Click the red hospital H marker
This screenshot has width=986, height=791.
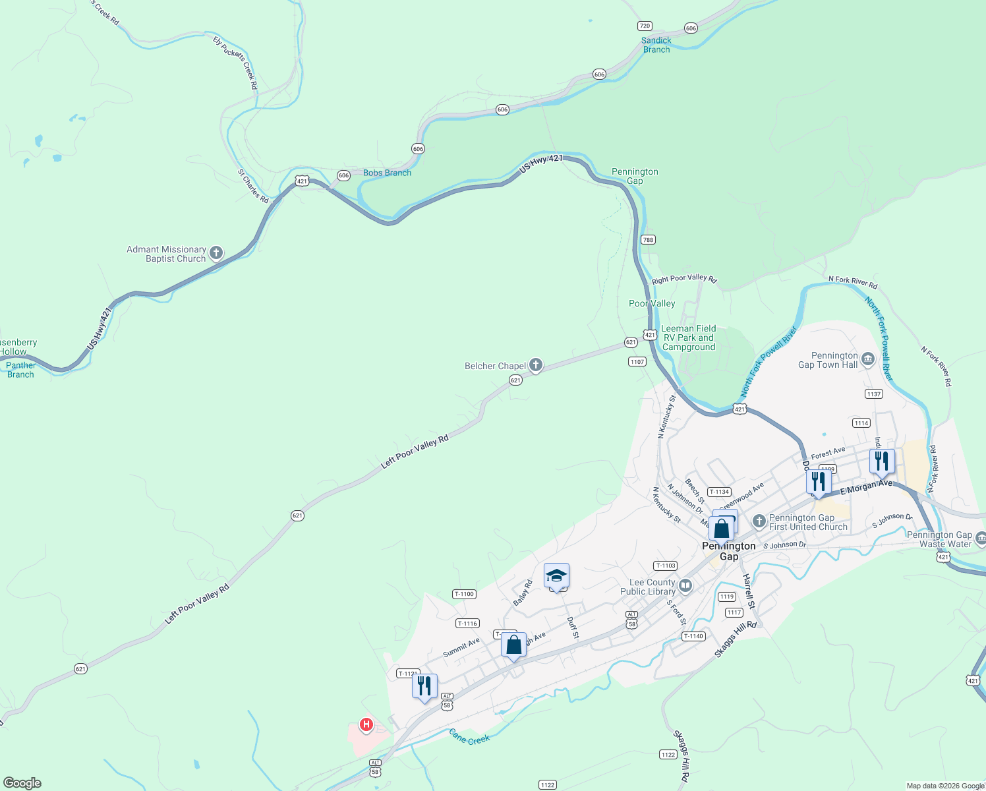point(366,725)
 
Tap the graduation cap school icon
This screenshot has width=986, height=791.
point(556,576)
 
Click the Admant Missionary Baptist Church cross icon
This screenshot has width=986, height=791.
point(216,253)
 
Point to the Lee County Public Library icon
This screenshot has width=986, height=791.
point(685,585)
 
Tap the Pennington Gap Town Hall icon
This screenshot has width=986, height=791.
point(867,359)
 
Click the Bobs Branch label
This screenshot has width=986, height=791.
point(387,173)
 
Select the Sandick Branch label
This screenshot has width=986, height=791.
point(656,45)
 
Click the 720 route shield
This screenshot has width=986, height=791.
point(645,26)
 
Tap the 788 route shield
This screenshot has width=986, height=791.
point(648,240)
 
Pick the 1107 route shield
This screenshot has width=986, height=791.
point(637,362)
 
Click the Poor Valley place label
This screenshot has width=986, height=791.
point(652,303)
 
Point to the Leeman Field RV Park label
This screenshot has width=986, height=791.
point(688,337)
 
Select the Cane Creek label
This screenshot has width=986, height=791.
point(469,736)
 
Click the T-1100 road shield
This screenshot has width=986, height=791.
point(464,594)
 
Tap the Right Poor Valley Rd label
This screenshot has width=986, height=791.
point(683,279)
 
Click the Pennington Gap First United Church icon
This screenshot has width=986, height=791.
point(759,521)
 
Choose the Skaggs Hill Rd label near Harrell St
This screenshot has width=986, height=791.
point(736,639)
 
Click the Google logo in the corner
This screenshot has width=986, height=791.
point(22,782)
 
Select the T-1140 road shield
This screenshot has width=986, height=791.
point(693,636)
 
